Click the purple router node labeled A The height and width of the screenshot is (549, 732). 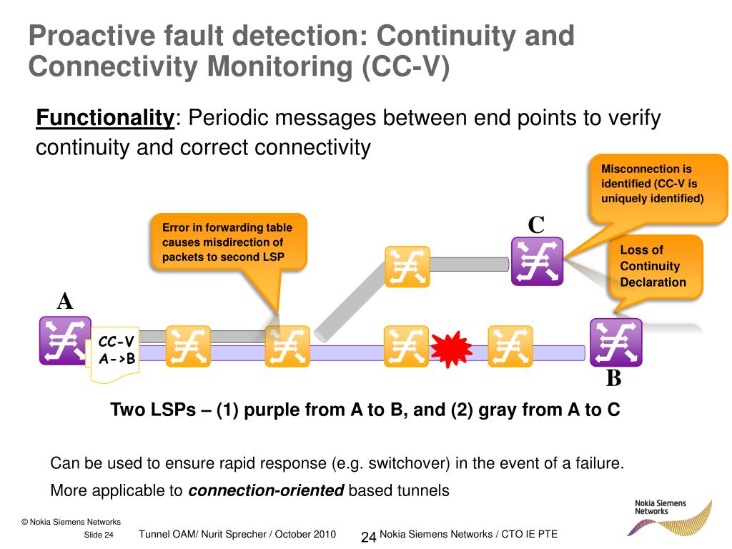(x=64, y=340)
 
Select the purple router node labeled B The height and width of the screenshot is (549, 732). (x=615, y=342)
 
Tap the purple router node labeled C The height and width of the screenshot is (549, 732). (x=538, y=261)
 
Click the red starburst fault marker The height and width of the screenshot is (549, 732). (x=451, y=347)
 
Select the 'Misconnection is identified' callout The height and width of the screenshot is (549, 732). (x=652, y=184)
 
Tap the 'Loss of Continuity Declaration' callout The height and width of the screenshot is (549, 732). (x=653, y=266)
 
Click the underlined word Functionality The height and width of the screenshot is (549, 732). (x=104, y=117)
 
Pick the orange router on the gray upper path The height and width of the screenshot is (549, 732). (x=407, y=266)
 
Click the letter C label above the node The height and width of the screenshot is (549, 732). (x=536, y=225)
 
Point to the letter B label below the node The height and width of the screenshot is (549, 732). (x=613, y=378)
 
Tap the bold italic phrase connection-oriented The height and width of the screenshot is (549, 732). (x=266, y=490)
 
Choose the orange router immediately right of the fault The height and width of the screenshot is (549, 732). (x=510, y=347)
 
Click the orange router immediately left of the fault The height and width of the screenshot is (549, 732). (x=407, y=347)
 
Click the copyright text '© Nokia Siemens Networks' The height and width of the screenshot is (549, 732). (x=71, y=522)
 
